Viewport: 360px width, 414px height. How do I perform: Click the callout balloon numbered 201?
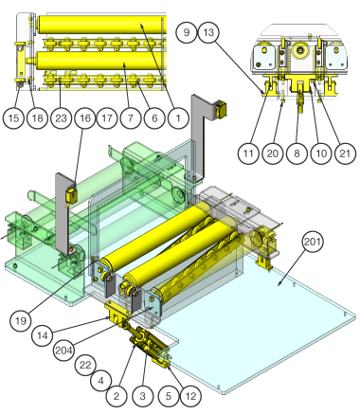pos(313,242)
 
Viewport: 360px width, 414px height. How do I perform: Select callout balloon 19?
pos(21,321)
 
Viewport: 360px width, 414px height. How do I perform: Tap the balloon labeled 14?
pos(43,335)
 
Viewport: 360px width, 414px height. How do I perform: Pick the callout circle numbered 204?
pos(64,350)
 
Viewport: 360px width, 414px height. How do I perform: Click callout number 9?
pos(187,32)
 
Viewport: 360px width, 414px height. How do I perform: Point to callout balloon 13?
pos(209,32)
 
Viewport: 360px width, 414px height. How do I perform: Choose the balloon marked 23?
pos(61,118)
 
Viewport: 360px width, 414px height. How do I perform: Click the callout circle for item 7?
pos(131,118)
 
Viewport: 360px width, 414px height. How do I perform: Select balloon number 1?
pos(178,118)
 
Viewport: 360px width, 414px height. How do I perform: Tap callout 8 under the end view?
pos(297,153)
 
